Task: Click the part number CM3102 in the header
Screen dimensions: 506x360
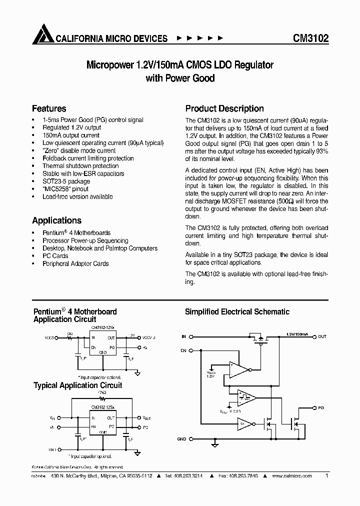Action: (x=310, y=38)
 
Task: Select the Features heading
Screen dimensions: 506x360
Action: (x=49, y=108)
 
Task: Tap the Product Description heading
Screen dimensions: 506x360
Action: (x=224, y=108)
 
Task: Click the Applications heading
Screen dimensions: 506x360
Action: (x=56, y=220)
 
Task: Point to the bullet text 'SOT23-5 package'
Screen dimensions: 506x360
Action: (x=66, y=181)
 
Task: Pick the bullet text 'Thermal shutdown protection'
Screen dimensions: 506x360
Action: (x=80, y=166)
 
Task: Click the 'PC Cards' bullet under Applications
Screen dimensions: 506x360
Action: (x=55, y=256)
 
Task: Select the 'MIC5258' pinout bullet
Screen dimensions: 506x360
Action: (x=65, y=189)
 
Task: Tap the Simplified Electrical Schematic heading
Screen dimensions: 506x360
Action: (x=237, y=312)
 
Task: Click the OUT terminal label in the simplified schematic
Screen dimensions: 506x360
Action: (x=322, y=336)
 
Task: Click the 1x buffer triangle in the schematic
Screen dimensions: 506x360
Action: (x=244, y=423)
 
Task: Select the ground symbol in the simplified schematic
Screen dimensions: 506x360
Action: (x=214, y=443)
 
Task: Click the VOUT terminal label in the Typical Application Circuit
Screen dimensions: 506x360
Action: (x=146, y=417)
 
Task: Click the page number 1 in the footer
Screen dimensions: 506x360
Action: (x=326, y=476)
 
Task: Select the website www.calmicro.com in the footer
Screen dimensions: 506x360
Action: (x=293, y=476)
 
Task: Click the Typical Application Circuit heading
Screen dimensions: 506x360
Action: (x=77, y=385)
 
